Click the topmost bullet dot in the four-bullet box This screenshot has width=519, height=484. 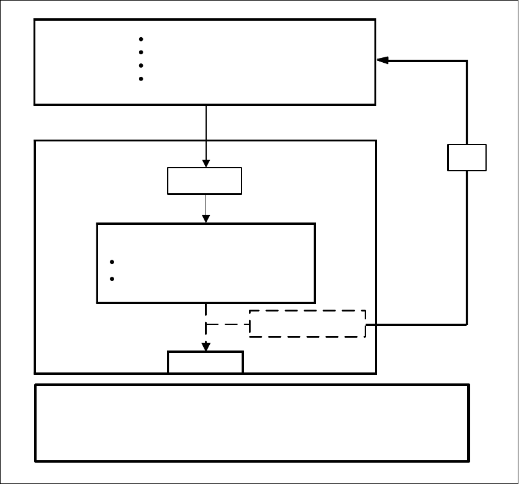click(x=141, y=39)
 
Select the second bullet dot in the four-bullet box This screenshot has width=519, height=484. click(x=141, y=52)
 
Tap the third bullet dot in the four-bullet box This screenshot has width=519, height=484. click(x=141, y=65)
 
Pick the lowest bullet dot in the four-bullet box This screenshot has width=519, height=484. click(x=141, y=79)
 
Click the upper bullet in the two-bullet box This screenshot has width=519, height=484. click(x=112, y=262)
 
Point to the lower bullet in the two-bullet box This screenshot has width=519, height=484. click(x=112, y=279)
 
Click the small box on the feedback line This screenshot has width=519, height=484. click(x=467, y=157)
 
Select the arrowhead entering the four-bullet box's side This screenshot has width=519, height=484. click(x=382, y=60)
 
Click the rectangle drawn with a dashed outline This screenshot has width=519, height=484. click(x=307, y=323)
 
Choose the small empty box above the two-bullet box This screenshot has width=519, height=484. click(x=205, y=181)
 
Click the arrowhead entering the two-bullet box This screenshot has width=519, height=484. click(x=206, y=218)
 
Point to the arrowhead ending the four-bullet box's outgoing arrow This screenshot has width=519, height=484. click(x=206, y=163)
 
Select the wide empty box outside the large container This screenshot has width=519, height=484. click(x=252, y=422)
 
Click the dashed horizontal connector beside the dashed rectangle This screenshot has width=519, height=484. click(x=227, y=324)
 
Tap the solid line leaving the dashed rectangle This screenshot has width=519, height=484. click(x=415, y=324)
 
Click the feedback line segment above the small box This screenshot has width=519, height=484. click(x=467, y=104)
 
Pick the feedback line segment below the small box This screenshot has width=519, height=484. click(x=467, y=244)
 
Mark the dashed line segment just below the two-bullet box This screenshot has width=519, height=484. click(x=206, y=313)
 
